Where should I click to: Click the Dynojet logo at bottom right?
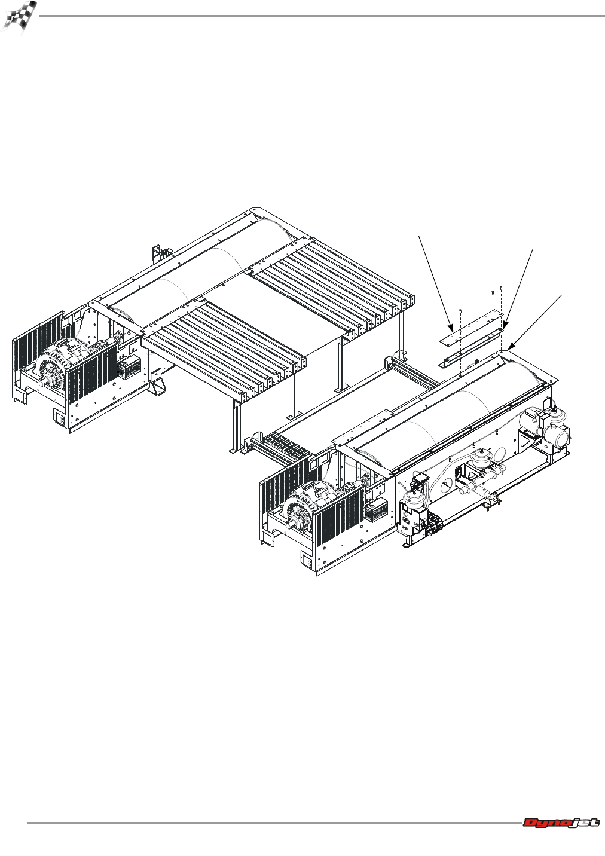tap(561, 823)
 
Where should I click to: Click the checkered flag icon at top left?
tap(20, 17)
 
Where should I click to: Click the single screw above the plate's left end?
tap(461, 312)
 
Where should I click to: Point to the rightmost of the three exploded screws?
tap(500, 289)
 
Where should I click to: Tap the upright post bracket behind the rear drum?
tap(157, 253)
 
